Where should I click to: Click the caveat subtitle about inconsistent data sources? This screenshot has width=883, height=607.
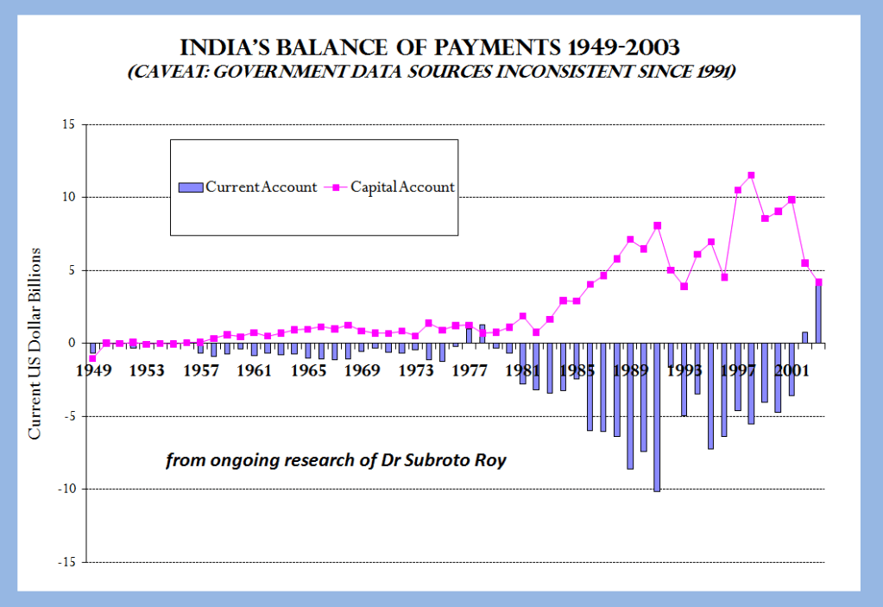[x=432, y=72]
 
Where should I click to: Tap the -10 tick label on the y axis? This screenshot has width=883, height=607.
[x=65, y=489]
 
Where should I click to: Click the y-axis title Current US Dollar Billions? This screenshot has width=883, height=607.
[x=35, y=343]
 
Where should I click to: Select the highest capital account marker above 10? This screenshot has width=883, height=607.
[x=751, y=175]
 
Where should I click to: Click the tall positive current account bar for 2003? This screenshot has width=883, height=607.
[x=818, y=313]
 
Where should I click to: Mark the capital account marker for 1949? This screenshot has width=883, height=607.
[x=92, y=358]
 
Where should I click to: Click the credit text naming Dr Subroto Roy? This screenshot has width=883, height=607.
[x=336, y=460]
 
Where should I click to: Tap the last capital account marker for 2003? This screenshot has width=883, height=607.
[x=818, y=282]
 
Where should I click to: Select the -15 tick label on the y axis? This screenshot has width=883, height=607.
[x=65, y=562]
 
